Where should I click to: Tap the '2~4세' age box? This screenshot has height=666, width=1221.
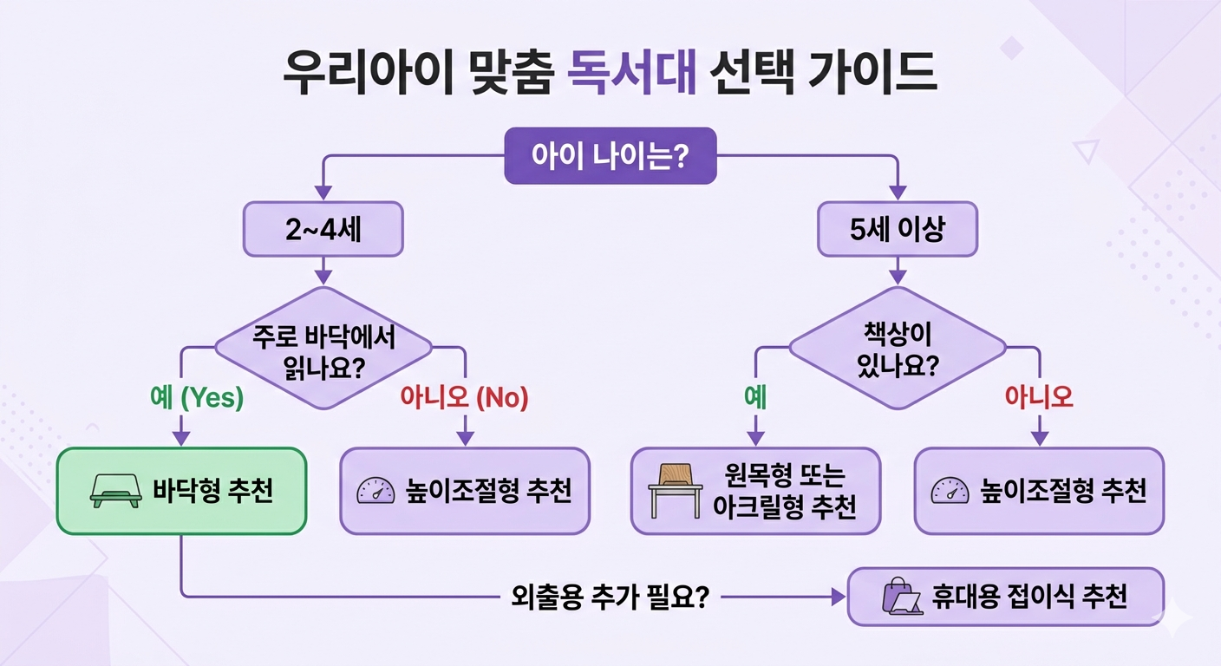[323, 230]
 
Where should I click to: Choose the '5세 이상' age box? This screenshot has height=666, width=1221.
[898, 230]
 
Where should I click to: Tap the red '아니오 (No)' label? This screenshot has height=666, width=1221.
[464, 397]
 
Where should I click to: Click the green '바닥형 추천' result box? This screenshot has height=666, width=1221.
[181, 491]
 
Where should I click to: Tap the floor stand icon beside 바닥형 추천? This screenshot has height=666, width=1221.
[114, 492]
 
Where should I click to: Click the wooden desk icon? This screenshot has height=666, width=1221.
[675, 492]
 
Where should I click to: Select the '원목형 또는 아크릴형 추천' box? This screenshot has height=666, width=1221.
[755, 491]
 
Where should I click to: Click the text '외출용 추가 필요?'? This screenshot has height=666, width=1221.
[606, 597]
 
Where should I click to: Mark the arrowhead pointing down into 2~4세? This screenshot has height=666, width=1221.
[323, 193]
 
